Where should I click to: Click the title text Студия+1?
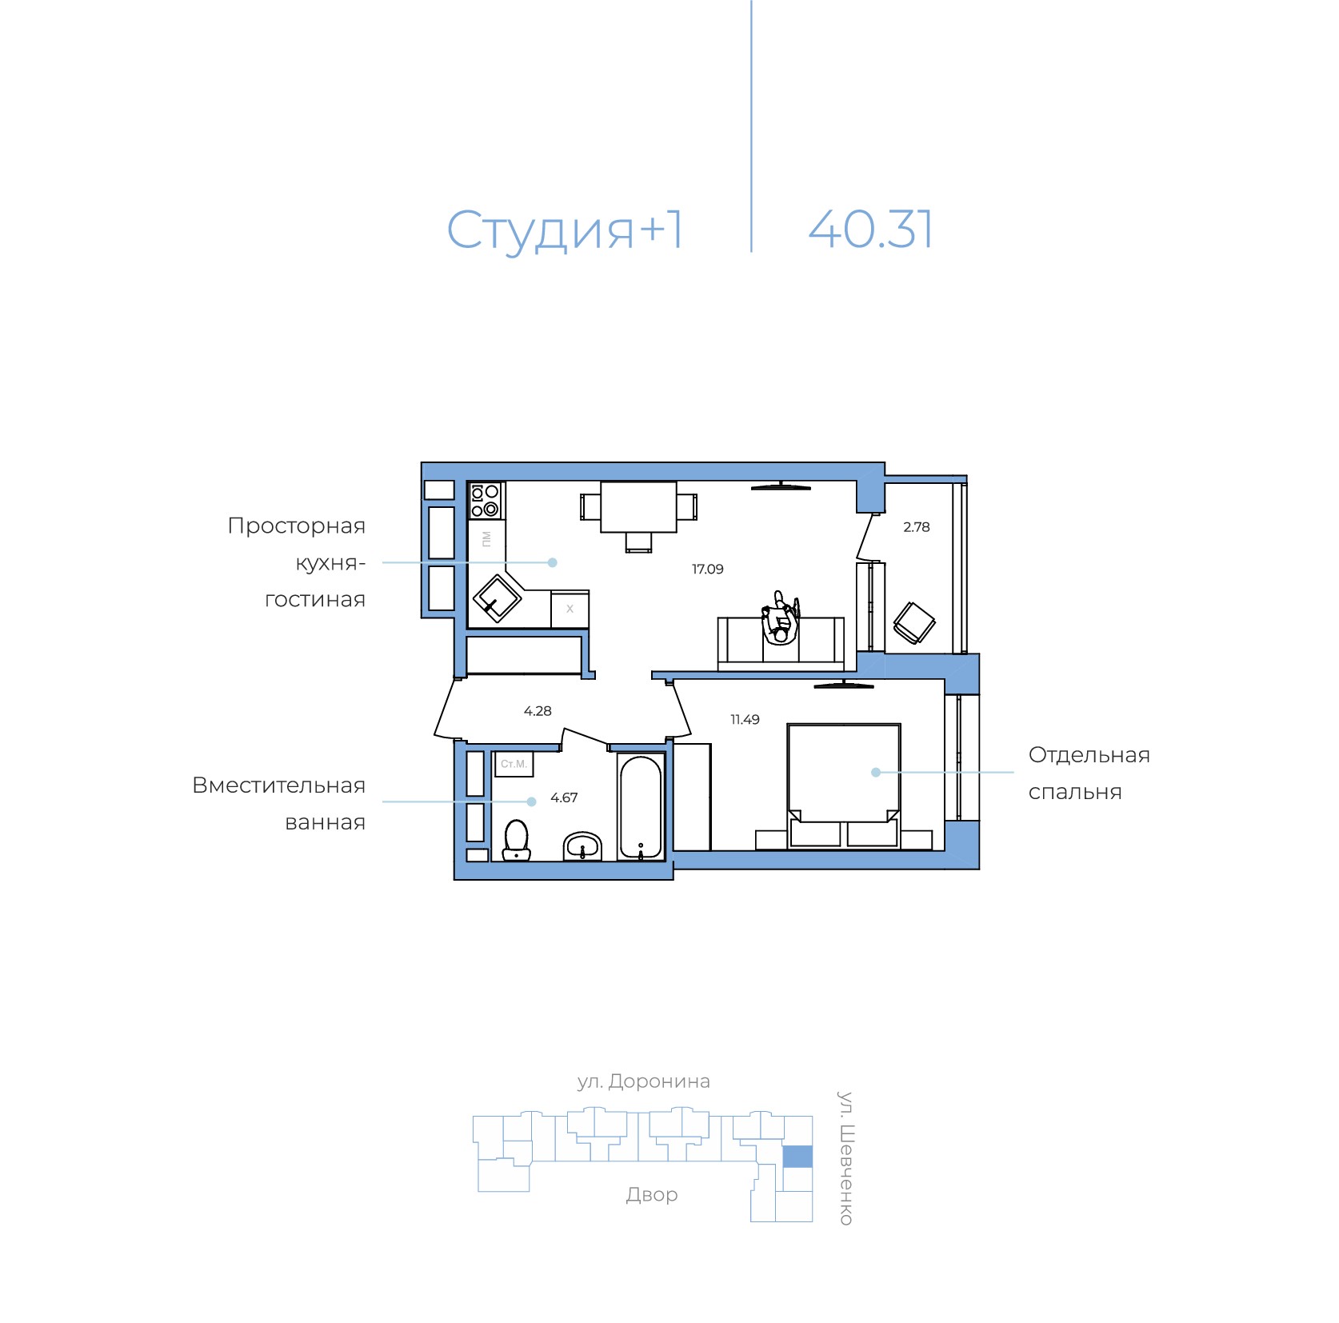coord(565,231)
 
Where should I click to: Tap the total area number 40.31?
coord(870,230)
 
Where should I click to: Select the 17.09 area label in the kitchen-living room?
coord(708,570)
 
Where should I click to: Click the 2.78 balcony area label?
coord(917,527)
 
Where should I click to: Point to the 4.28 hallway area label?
coord(538,711)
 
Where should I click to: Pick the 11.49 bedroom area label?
coord(745,720)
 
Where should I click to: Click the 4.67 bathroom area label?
coord(564,798)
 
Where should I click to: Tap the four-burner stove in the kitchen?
coord(486,501)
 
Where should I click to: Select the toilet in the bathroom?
coord(517,840)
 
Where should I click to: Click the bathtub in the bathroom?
coord(641,807)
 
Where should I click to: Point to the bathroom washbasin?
coord(583,846)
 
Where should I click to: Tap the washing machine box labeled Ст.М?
coord(514,764)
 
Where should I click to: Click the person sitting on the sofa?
coord(780,618)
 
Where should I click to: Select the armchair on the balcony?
coord(914,622)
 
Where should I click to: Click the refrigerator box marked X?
coord(570,610)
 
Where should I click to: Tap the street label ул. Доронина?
coord(644,1082)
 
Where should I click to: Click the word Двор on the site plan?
coord(652,1195)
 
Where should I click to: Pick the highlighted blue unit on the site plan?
coord(797,1157)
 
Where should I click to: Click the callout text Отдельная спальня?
coord(1089,773)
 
